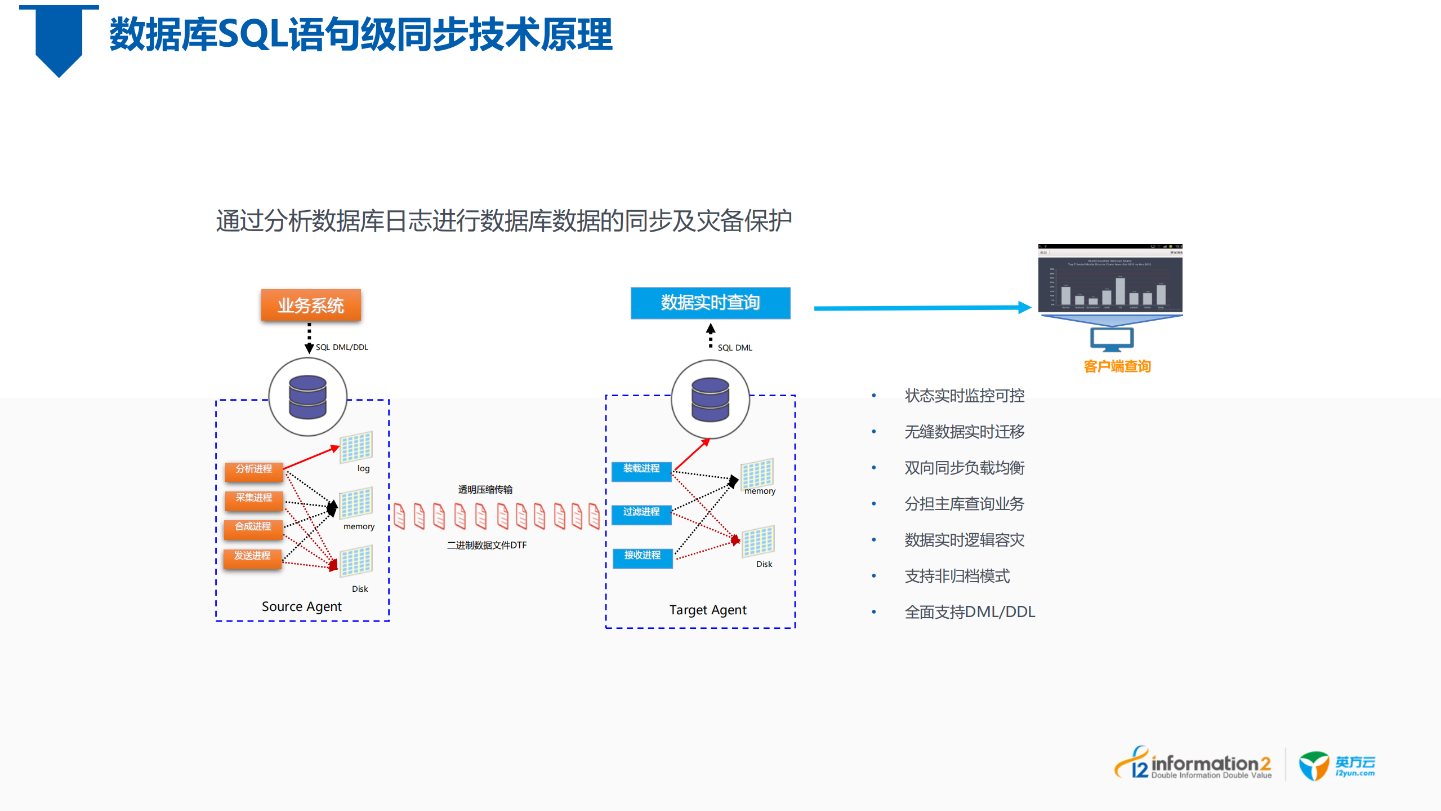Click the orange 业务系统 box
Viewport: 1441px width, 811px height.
[x=310, y=305]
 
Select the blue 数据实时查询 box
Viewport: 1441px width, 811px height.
[x=710, y=303]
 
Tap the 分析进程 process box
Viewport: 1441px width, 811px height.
[x=253, y=470]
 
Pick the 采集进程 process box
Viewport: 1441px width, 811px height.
[x=253, y=499]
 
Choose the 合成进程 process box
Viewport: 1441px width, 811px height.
[x=253, y=528]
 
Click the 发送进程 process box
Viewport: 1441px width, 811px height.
[x=252, y=557]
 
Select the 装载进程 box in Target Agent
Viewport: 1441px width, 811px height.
[x=641, y=469]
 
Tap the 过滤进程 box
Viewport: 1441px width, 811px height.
[x=641, y=513]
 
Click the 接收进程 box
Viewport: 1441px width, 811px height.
[x=642, y=556]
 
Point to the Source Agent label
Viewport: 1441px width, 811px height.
[x=301, y=606]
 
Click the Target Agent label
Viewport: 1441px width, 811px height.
[x=707, y=610]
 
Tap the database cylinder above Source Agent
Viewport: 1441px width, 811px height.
[x=307, y=397]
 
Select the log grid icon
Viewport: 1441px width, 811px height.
[x=356, y=447]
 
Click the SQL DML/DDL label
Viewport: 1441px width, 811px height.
[x=341, y=347]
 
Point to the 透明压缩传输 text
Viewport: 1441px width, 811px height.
[x=485, y=489]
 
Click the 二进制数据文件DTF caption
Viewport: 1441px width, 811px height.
[x=487, y=545]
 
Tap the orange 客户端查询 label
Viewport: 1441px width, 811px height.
[x=1117, y=366]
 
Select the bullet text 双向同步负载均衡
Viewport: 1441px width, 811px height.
[x=964, y=468]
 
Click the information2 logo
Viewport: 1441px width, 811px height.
[x=1194, y=765]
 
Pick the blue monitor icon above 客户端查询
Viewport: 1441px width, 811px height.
[x=1112, y=339]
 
